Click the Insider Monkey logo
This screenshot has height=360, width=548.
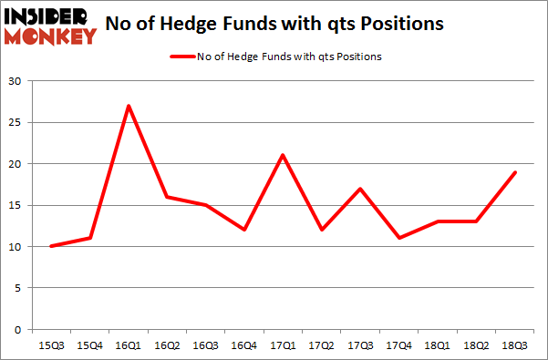pyautogui.click(x=51, y=25)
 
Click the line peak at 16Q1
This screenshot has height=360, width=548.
pyautogui.click(x=129, y=106)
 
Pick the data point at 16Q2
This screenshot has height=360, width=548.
pyautogui.click(x=168, y=197)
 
